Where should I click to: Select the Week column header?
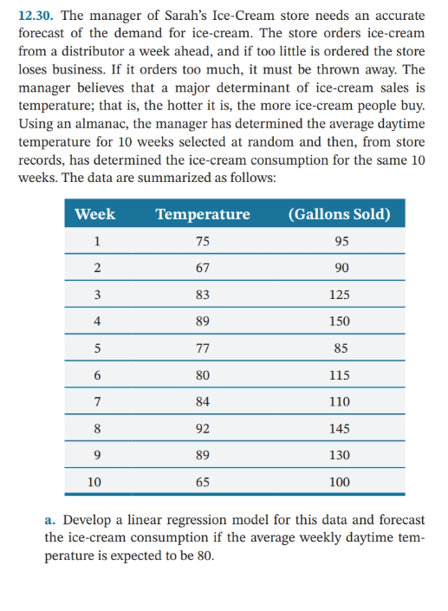[95, 214]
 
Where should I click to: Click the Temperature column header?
[203, 214]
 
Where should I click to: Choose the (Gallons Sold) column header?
[339, 214]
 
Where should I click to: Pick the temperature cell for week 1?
[203, 242]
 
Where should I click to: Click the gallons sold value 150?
[339, 321]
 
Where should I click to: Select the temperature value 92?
[203, 427]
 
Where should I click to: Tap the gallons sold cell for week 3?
[339, 295]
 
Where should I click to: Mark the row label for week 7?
[98, 401]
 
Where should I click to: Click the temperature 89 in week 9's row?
[203, 454]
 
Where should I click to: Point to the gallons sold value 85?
[339, 348]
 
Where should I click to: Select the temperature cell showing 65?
[203, 481]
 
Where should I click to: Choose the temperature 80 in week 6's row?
[203, 374]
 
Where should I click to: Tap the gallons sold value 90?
[339, 268]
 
